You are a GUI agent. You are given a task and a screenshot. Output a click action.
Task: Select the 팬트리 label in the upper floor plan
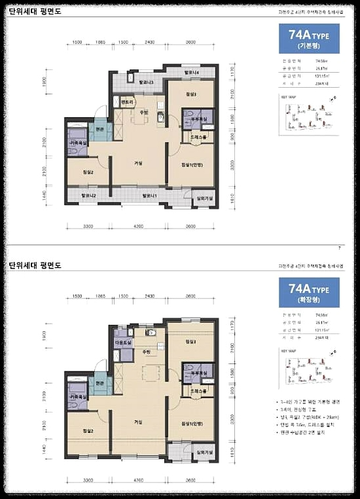coord(127,103)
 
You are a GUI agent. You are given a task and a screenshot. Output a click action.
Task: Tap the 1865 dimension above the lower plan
coord(100,297)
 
